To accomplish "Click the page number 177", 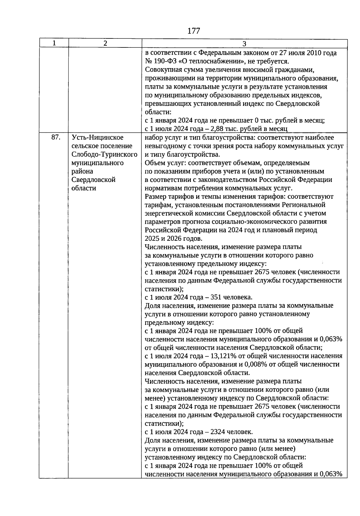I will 193,31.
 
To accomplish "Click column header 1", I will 54,43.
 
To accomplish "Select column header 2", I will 105,43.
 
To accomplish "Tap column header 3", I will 244,44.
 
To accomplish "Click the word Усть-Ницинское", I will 97,137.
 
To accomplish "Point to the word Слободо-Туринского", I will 104,154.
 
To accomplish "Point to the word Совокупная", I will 162,70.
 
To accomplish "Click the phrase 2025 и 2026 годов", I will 173,238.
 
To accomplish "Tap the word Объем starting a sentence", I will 154,163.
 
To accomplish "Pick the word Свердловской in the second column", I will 94,180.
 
